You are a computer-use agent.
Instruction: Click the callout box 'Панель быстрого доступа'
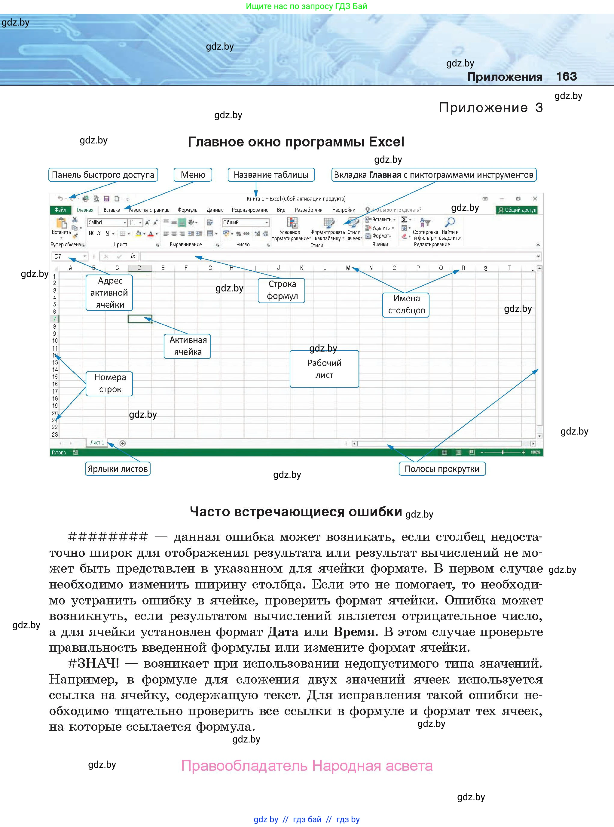(103, 175)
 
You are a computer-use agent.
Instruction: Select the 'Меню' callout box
(193, 175)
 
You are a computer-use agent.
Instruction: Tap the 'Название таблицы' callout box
(271, 175)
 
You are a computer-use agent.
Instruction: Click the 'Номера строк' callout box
(109, 383)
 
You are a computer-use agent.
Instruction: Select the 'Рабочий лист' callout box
(324, 369)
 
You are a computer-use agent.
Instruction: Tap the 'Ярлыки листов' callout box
(118, 469)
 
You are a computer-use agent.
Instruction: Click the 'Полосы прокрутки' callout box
(442, 469)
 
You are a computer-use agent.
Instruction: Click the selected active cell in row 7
(140, 319)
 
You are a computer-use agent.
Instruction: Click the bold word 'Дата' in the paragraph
(283, 632)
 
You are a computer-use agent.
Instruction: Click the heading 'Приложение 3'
(490, 108)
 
